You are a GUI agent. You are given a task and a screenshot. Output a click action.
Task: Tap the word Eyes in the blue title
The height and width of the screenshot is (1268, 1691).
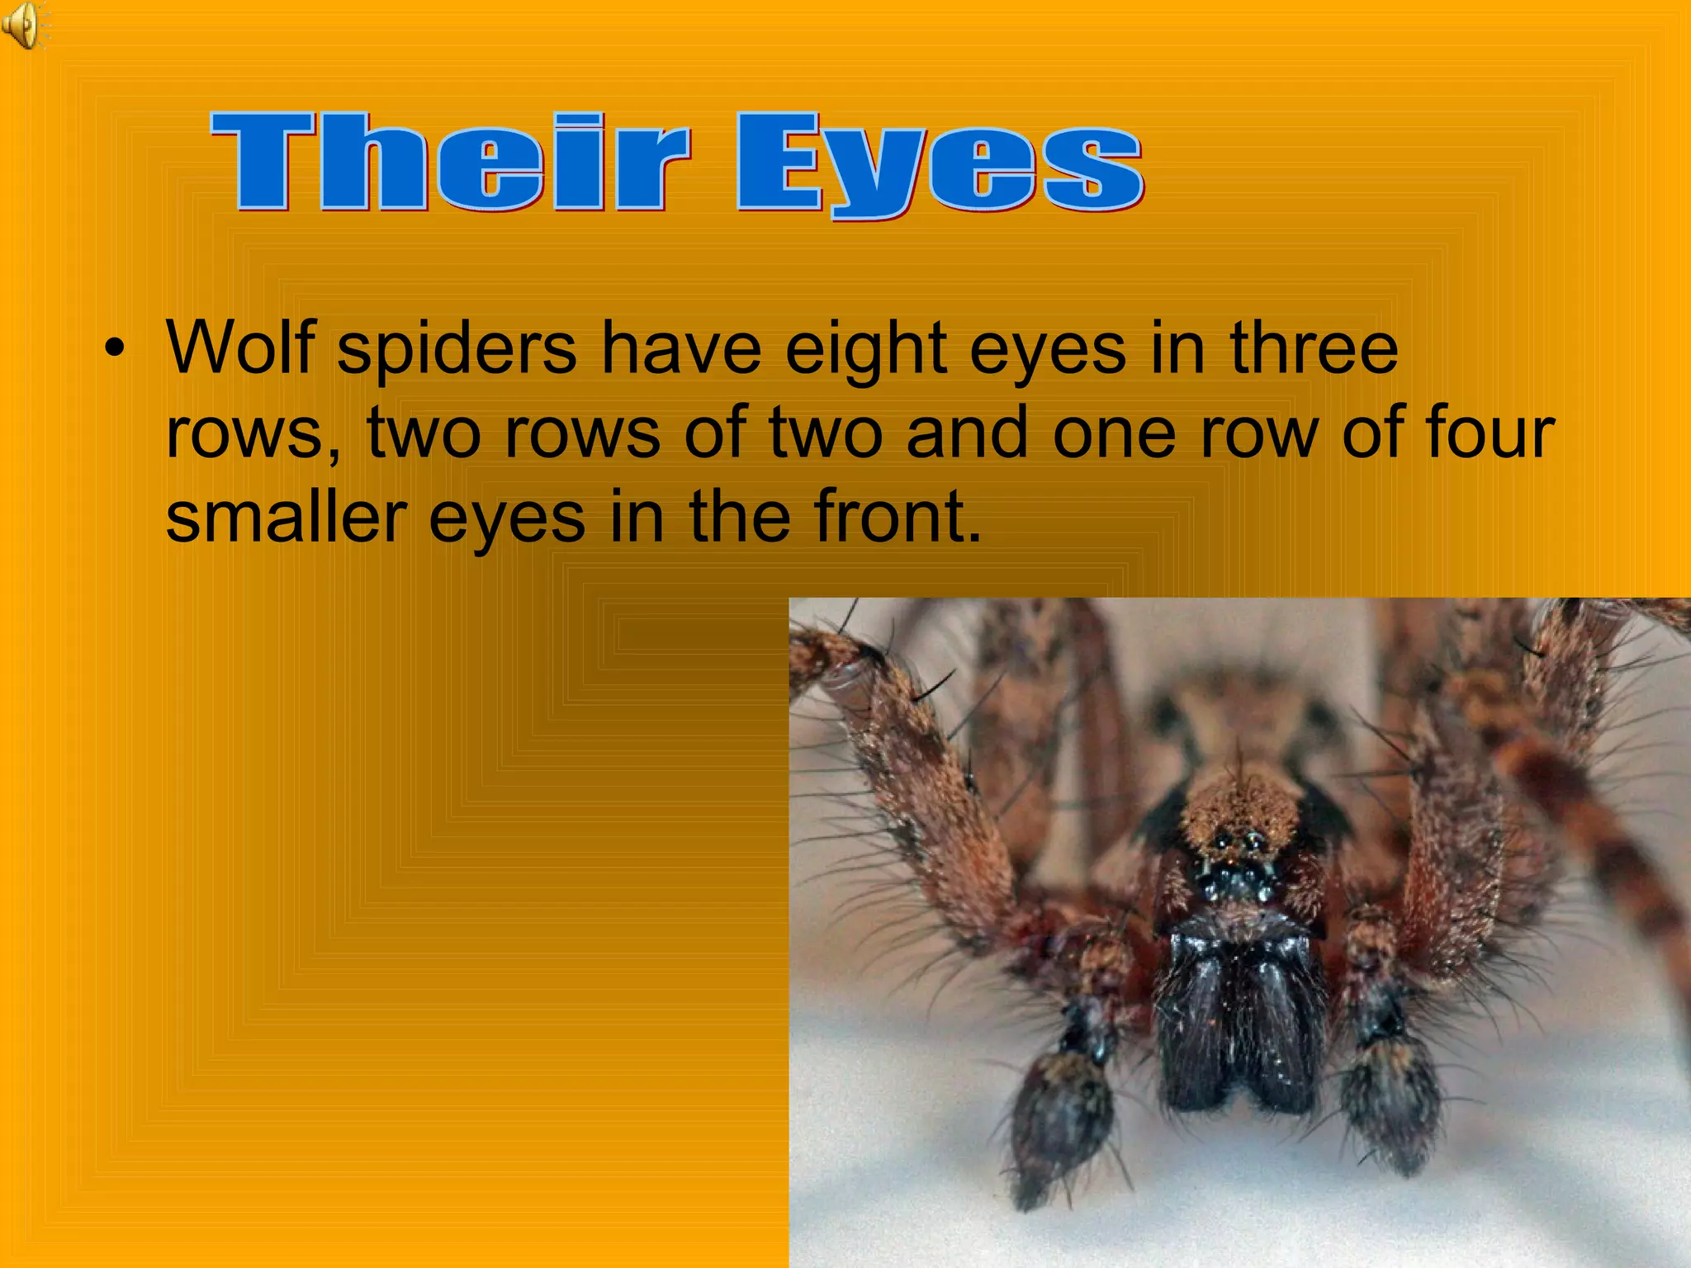939,165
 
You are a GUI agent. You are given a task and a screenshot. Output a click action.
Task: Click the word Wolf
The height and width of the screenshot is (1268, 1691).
240,347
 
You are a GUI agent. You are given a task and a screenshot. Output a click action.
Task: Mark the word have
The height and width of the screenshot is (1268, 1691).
681,347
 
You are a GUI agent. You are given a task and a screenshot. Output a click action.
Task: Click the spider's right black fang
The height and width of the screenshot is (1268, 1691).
1280,1024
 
